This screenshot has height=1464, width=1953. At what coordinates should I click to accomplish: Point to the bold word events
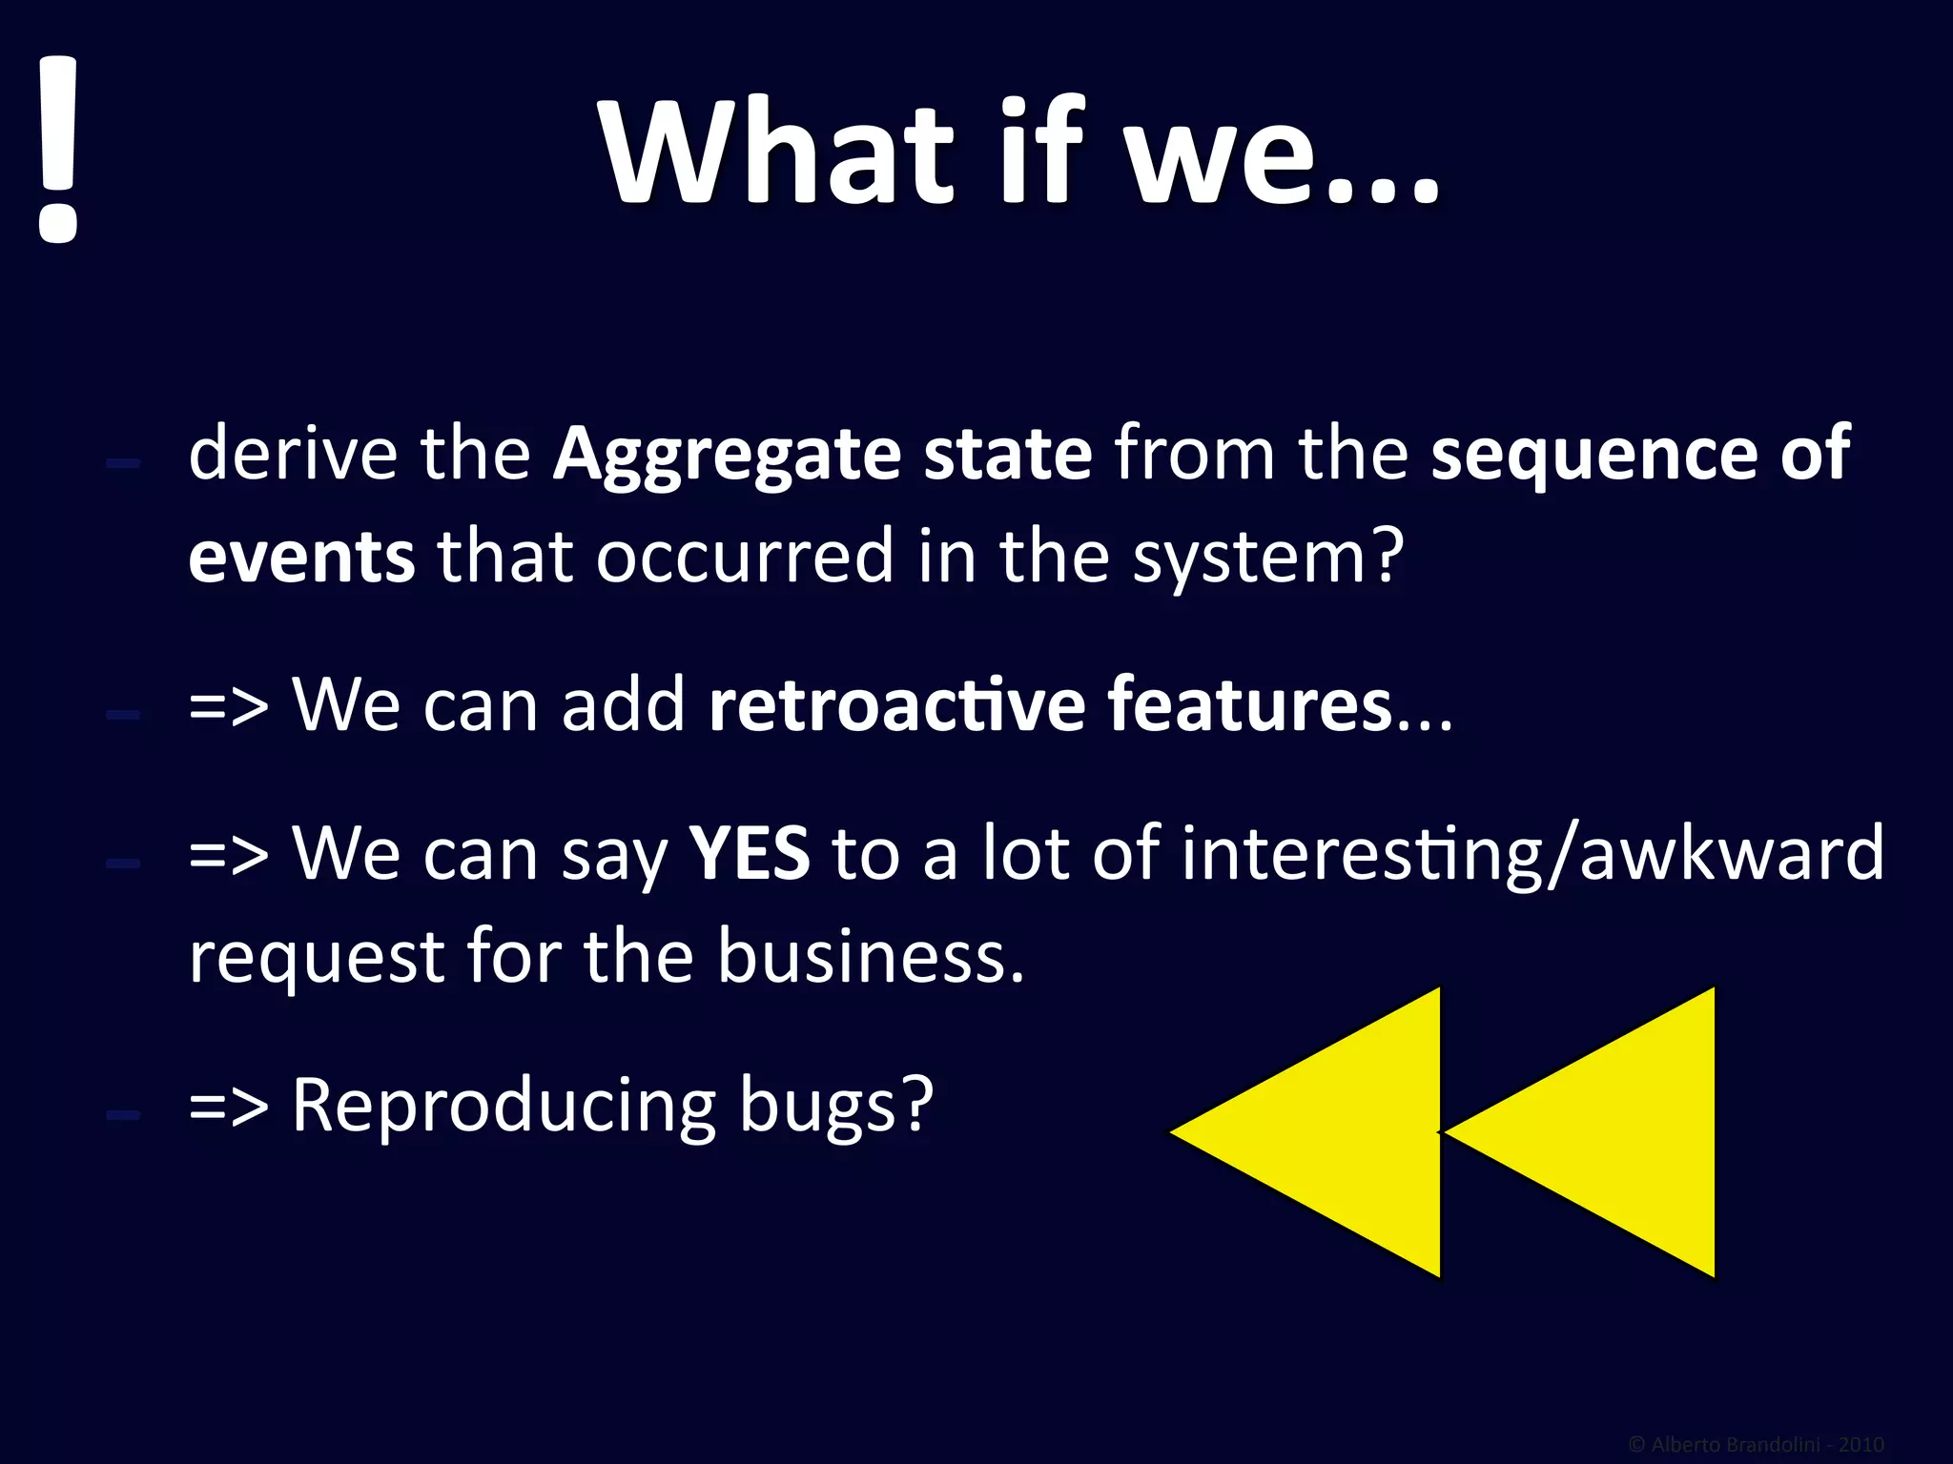point(301,557)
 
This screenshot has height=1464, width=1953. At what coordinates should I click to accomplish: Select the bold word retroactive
point(896,705)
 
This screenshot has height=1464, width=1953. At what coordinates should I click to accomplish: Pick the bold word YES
point(750,853)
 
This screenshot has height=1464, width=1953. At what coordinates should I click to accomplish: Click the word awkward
point(1731,853)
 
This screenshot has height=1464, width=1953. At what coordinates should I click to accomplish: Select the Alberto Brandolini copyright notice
point(1756,1445)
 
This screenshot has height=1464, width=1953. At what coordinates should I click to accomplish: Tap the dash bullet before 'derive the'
point(124,463)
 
